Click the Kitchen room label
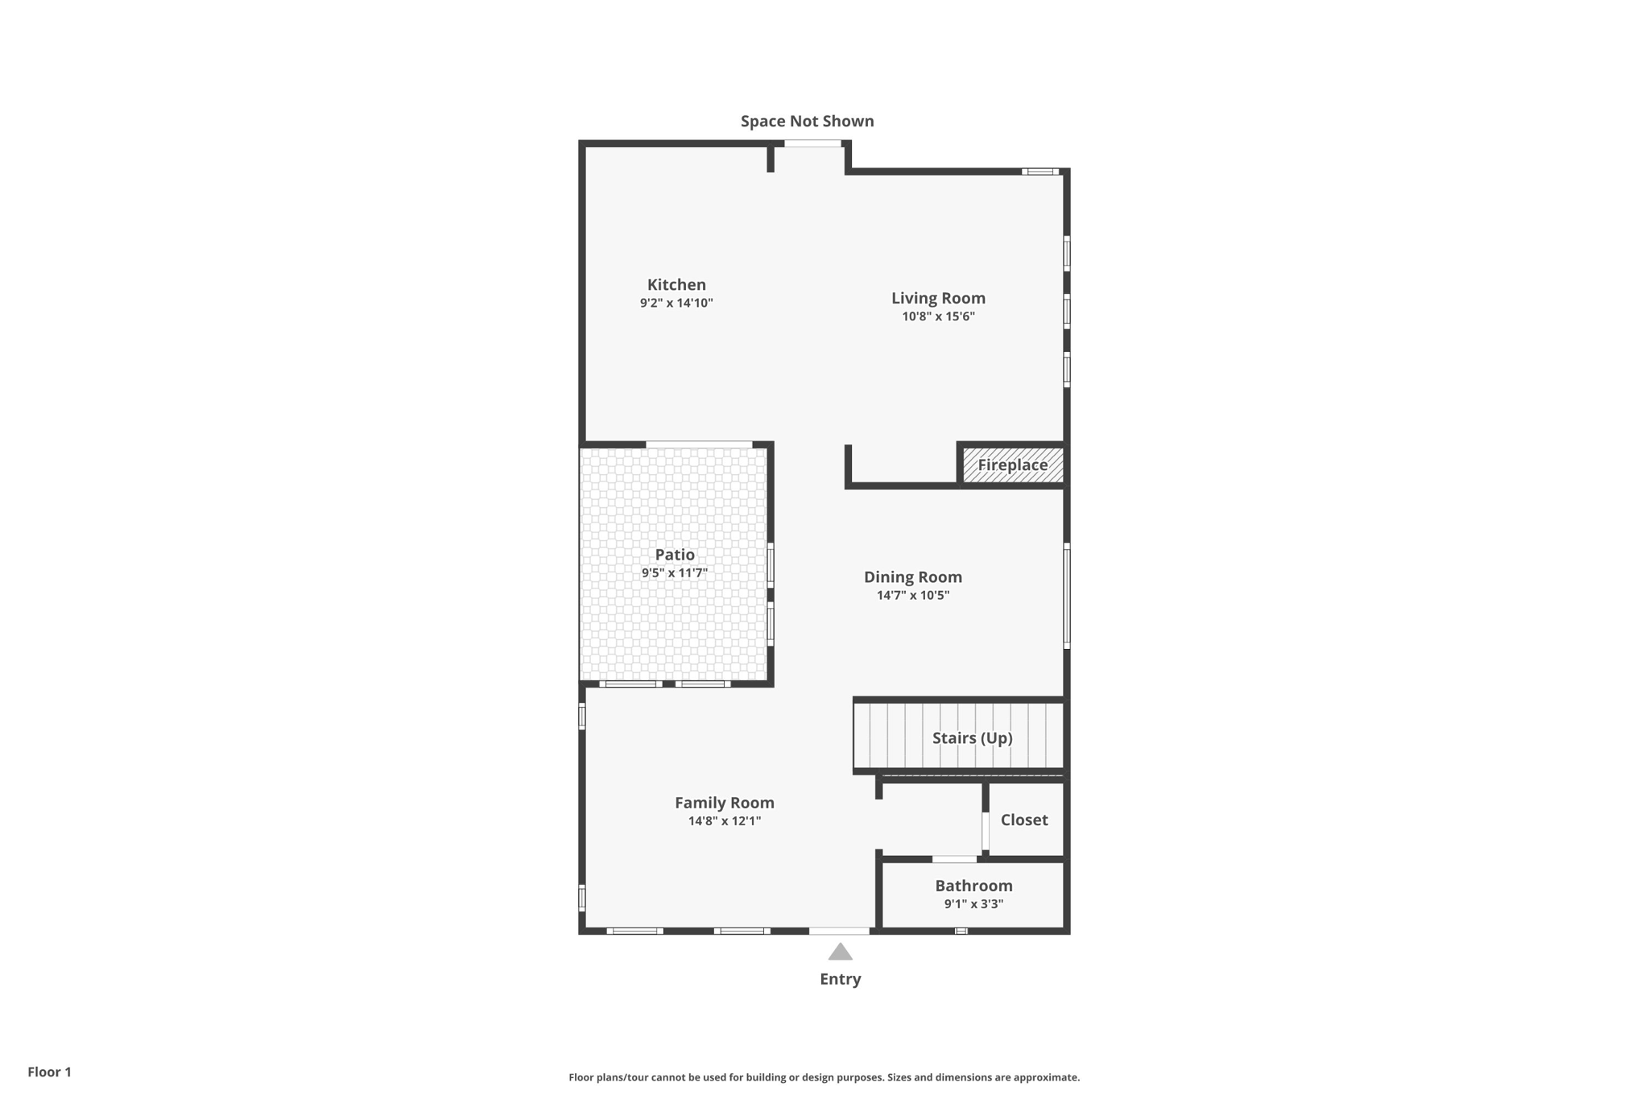[x=676, y=284]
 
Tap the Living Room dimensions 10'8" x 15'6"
[x=938, y=316]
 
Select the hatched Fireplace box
[x=1013, y=465]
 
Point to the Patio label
[x=675, y=554]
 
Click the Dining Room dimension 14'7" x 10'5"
[x=912, y=596]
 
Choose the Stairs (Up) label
[x=972, y=737]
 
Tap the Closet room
[x=1024, y=820]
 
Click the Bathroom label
[x=973, y=886]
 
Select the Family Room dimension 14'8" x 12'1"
[x=724, y=821]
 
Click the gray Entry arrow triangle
[x=840, y=952]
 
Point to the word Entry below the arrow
[x=840, y=979]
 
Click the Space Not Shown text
[x=807, y=121]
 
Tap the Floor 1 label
[x=49, y=1072]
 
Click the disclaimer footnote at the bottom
[x=824, y=1077]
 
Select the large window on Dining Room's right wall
[x=1067, y=596]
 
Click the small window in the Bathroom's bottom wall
[x=961, y=931]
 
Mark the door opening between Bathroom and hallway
[x=955, y=859]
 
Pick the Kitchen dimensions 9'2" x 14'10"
[x=676, y=304]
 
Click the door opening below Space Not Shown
[x=812, y=143]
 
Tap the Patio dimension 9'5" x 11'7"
[x=675, y=573]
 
